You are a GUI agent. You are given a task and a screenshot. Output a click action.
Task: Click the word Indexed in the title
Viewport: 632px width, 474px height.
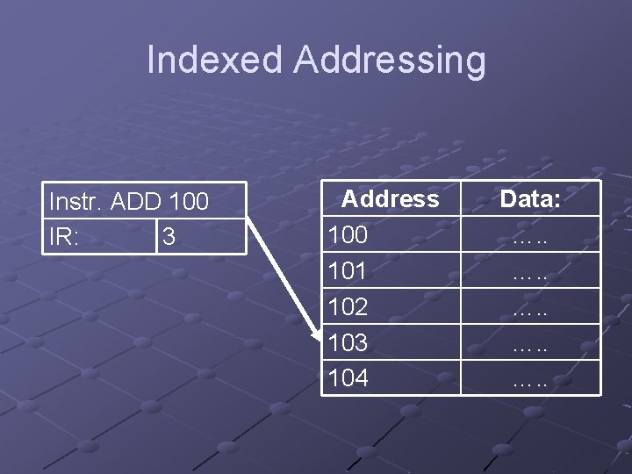(x=215, y=61)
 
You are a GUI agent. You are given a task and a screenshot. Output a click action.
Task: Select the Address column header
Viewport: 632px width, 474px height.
(x=390, y=199)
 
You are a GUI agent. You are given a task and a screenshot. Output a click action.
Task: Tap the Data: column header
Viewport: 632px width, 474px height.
(x=530, y=199)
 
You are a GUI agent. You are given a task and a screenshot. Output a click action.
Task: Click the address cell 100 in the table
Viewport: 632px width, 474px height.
(x=347, y=235)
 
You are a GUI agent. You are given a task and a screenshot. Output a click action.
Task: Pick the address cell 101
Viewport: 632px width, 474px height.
(x=347, y=271)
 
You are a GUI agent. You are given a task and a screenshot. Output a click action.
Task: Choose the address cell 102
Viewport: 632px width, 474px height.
(x=347, y=306)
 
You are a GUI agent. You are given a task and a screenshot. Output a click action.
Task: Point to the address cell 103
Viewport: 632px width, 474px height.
(x=348, y=342)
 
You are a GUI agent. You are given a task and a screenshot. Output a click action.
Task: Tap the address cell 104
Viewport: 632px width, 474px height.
(x=348, y=378)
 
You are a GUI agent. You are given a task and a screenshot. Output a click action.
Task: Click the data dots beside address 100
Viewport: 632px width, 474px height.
(x=530, y=237)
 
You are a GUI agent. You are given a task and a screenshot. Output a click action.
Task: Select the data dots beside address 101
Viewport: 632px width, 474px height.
(x=530, y=273)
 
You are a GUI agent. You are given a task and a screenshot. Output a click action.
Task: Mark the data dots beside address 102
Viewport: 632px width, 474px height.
(x=530, y=308)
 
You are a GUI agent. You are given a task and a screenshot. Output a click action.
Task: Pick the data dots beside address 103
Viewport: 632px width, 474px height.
(x=530, y=344)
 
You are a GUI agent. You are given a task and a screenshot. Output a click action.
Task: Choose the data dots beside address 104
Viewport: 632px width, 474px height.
(x=530, y=380)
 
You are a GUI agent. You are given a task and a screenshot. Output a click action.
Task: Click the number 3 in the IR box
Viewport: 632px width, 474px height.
(x=169, y=238)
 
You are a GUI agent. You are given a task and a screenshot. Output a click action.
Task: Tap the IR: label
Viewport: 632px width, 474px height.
(x=64, y=238)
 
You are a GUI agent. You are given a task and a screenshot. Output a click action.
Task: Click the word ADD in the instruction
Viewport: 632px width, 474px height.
(x=137, y=202)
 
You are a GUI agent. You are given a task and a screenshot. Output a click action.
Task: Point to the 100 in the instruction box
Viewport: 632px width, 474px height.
(x=188, y=202)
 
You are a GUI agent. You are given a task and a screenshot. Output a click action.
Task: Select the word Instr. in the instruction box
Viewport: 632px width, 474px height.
(x=76, y=202)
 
